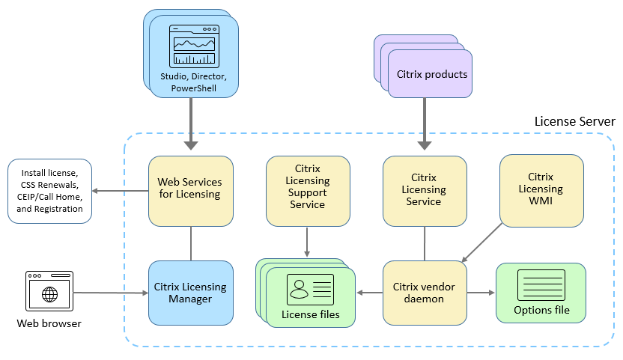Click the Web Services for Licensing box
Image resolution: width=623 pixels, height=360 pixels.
click(x=190, y=190)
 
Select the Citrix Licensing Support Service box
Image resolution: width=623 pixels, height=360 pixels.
click(x=308, y=191)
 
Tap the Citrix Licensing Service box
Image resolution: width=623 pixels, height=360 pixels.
click(x=425, y=190)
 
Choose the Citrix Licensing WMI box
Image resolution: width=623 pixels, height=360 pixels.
click(x=541, y=190)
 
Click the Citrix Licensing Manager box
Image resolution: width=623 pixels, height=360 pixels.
click(x=190, y=292)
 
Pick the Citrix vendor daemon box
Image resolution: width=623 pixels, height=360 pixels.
click(x=425, y=292)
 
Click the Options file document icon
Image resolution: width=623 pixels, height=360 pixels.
click(x=541, y=285)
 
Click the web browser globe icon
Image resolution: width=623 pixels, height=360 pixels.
click(x=50, y=293)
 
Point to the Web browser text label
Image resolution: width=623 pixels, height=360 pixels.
click(x=49, y=323)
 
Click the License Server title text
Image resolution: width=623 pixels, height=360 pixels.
click(x=574, y=121)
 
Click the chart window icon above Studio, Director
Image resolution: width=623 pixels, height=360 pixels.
click(x=194, y=47)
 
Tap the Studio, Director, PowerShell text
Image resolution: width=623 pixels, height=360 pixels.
click(x=194, y=82)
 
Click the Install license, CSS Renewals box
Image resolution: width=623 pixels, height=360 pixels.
click(x=49, y=191)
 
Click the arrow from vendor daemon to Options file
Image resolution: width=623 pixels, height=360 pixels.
click(x=481, y=293)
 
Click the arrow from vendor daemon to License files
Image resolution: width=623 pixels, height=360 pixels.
click(x=370, y=293)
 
